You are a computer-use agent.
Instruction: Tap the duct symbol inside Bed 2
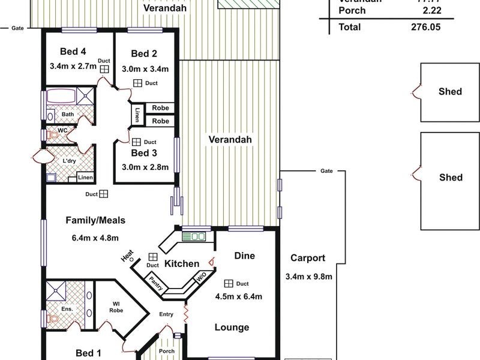tap(137, 83)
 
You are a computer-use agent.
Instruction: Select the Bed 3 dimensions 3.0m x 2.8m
tap(145, 167)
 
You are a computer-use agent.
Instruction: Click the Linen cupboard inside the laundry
tap(85, 178)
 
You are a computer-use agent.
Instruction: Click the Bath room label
tap(67, 114)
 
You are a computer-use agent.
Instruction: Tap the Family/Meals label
tap(95, 220)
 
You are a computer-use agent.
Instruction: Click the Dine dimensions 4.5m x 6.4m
tap(238, 296)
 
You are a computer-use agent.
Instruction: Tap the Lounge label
tap(232, 327)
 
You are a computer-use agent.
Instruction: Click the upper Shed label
tap(450, 91)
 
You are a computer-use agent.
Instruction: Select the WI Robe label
tap(116, 307)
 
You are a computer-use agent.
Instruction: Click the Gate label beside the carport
tap(326, 171)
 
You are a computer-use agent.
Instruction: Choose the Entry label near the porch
tap(166, 314)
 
